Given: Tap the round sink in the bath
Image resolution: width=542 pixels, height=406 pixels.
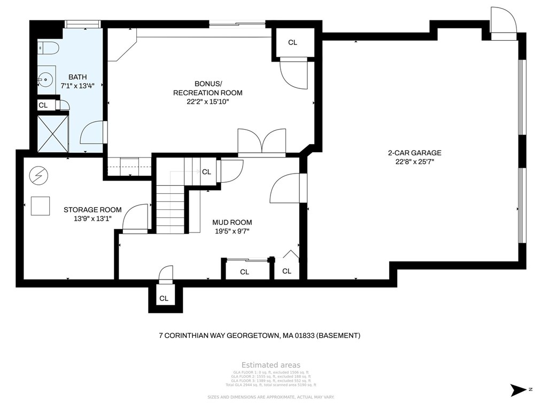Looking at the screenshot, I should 47,81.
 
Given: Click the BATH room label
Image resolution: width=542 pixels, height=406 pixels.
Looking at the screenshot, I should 78,77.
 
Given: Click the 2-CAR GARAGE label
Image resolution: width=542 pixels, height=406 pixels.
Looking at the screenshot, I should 414,153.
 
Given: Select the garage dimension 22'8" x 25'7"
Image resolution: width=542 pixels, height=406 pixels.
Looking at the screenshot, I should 414,161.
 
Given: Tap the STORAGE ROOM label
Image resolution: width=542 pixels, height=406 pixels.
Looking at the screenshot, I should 92,210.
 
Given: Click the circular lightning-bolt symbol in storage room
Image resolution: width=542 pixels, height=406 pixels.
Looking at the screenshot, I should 38,174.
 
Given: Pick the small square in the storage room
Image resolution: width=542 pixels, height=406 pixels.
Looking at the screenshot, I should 40,206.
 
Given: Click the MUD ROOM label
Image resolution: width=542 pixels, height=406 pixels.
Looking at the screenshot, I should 231,222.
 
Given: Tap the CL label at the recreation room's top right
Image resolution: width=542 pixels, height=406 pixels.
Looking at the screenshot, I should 292,43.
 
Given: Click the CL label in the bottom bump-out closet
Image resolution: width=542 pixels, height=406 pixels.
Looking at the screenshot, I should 164,298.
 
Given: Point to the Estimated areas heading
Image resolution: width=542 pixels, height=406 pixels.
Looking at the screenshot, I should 270,365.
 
